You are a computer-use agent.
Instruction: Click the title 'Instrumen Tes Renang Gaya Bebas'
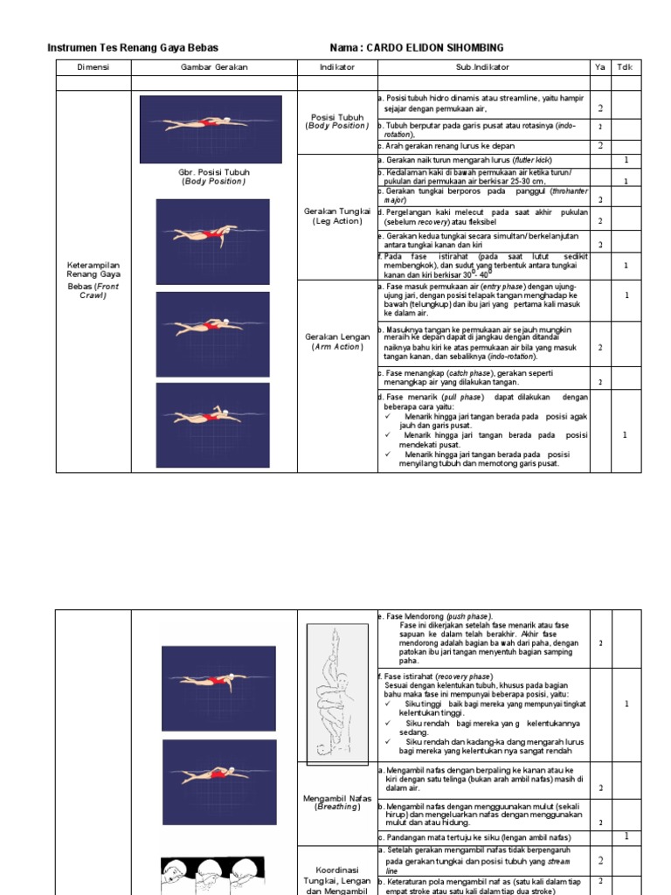pos(133,47)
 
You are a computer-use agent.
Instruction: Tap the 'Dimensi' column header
pos(93,67)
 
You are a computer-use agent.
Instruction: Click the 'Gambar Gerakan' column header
pos(214,67)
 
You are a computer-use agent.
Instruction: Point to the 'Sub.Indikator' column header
pos(482,67)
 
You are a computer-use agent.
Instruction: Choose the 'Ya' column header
pos(599,67)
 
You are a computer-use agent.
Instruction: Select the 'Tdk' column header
pos(626,67)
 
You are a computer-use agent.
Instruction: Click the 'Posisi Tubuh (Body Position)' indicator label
pos(337,121)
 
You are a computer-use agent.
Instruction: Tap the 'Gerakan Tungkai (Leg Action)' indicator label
pos(337,216)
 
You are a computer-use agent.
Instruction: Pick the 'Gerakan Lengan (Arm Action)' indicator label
pos(337,341)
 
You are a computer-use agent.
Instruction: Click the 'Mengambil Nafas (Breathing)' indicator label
pos(337,802)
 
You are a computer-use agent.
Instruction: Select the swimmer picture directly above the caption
pos(211,128)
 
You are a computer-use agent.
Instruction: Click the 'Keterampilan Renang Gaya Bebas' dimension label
pos(93,279)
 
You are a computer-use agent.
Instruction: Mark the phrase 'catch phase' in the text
pos(466,372)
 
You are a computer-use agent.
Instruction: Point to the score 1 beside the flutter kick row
pos(626,161)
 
